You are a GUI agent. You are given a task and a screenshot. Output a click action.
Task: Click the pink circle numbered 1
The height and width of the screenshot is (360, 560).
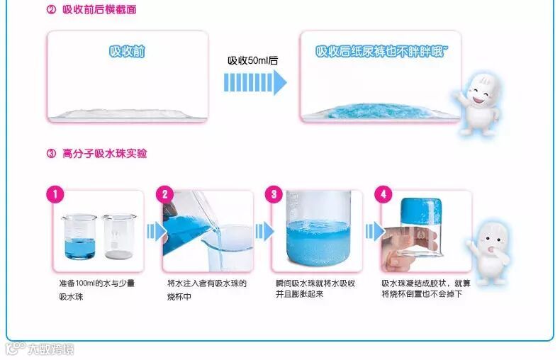(55, 194)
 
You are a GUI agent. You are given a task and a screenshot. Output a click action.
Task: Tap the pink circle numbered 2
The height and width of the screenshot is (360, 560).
(164, 194)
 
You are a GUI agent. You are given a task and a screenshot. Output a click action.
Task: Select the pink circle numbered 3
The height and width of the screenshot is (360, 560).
(274, 194)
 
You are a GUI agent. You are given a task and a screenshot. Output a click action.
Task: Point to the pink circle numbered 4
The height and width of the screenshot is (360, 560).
(383, 194)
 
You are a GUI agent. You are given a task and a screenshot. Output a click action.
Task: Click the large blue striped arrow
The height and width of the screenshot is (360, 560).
(255, 82)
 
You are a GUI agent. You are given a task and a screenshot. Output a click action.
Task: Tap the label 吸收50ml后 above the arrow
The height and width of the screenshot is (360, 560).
(253, 60)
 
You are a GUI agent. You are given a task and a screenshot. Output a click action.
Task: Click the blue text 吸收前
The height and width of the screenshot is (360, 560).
(127, 52)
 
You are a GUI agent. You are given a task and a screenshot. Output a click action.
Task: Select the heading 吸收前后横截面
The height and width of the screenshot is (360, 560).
(100, 10)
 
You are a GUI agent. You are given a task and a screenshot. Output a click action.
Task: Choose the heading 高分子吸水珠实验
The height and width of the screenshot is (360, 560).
(105, 154)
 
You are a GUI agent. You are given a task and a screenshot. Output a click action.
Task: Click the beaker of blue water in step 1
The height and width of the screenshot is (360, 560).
(79, 237)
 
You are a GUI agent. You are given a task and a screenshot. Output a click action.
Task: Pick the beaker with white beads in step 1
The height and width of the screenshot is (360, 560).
(119, 237)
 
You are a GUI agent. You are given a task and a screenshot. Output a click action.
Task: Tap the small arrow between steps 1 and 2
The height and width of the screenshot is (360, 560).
(157, 232)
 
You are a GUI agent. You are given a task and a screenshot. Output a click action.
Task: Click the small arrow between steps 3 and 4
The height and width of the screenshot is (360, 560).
(375, 232)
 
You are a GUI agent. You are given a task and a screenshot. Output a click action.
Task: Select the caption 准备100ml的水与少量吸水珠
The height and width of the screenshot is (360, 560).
(97, 290)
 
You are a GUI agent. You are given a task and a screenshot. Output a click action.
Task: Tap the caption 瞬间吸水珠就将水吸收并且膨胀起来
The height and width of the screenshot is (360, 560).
(315, 288)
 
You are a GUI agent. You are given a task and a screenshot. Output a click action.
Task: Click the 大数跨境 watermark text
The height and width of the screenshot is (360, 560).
(51, 349)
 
